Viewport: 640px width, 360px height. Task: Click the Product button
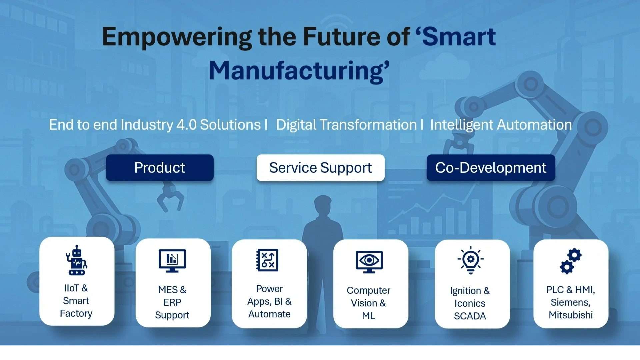(x=160, y=168)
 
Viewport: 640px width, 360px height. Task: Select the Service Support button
(x=320, y=168)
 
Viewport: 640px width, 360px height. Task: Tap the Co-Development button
(x=491, y=168)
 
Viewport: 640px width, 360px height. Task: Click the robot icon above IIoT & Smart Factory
(x=77, y=260)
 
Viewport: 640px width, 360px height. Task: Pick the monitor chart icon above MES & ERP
(x=172, y=260)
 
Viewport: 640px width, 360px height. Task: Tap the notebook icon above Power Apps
(x=267, y=260)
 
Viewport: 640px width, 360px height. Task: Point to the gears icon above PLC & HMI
(x=570, y=261)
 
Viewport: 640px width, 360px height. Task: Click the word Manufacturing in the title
(x=299, y=71)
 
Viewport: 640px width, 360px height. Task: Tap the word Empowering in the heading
(x=177, y=37)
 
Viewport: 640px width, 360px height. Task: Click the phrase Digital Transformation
(x=346, y=125)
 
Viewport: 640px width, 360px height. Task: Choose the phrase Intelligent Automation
(x=501, y=125)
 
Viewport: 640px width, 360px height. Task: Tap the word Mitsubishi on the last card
(x=571, y=315)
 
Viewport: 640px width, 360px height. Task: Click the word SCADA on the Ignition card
(x=470, y=316)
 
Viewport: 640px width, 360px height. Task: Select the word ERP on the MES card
(x=172, y=302)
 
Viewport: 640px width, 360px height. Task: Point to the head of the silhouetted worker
(x=323, y=204)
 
